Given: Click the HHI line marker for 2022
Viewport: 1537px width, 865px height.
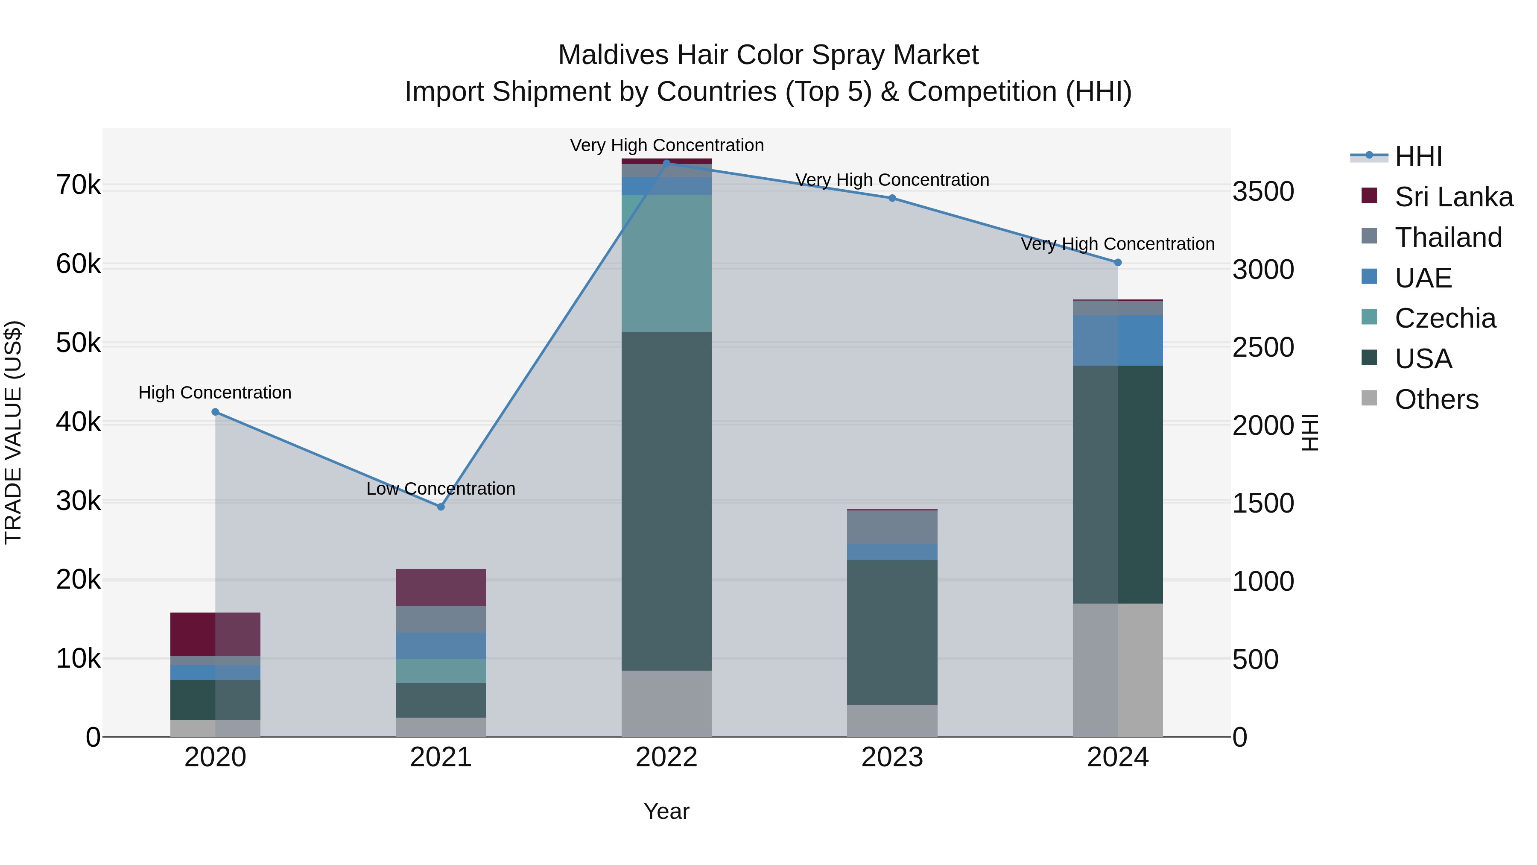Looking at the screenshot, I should pyautogui.click(x=666, y=162).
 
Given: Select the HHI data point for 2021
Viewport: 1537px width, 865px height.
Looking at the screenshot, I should pyautogui.click(x=441, y=507).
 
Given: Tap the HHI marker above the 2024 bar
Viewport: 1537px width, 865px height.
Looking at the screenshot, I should pyautogui.click(x=1118, y=263).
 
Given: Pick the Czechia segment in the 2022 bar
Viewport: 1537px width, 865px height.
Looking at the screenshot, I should pyautogui.click(x=666, y=263).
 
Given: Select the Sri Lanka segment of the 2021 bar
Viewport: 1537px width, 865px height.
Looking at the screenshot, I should pyautogui.click(x=441, y=587).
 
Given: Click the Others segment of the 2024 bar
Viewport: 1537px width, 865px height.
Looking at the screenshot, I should pyautogui.click(x=1118, y=670).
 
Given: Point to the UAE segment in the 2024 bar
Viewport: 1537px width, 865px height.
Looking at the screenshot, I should pyautogui.click(x=1118, y=340).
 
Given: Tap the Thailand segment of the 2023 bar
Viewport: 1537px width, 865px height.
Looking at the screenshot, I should pyautogui.click(x=892, y=527).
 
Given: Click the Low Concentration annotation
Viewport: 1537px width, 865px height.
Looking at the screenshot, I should pyautogui.click(x=441, y=489).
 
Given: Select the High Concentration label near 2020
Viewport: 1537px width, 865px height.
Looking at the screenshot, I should pyautogui.click(x=215, y=393).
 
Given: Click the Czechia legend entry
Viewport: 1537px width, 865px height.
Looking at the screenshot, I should pyautogui.click(x=1444, y=318).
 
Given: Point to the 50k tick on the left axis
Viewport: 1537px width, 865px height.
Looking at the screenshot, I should pyautogui.click(x=78, y=343).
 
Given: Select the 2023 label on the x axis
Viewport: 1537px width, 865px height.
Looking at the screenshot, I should pyautogui.click(x=892, y=757).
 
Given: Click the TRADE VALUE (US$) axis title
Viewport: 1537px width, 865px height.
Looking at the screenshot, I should pyautogui.click(x=13, y=432).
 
